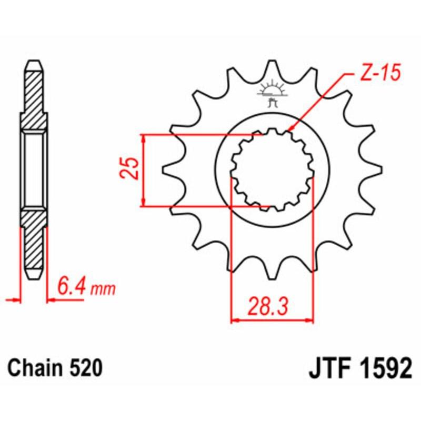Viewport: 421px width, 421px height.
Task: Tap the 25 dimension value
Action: point(132,169)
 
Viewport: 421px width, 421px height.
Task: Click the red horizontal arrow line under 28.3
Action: point(272,319)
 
